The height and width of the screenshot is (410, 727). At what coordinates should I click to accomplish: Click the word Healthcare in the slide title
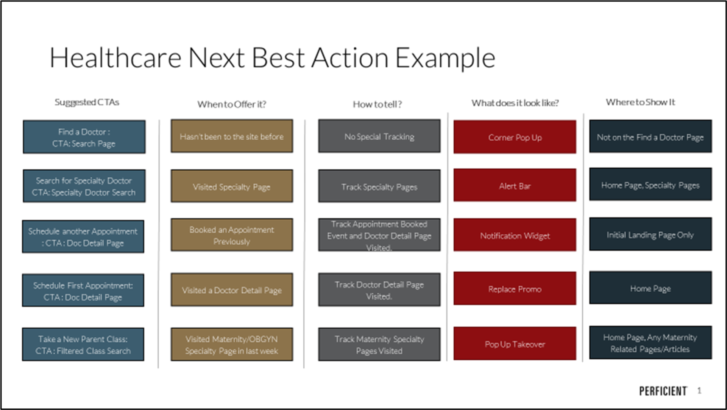[115, 58]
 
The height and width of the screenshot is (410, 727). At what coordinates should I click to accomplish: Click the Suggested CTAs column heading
[87, 102]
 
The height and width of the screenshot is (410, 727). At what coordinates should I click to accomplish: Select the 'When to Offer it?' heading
[231, 104]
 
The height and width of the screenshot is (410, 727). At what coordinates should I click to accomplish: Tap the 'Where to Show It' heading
[640, 102]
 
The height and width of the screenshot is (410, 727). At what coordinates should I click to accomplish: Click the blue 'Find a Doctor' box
[84, 137]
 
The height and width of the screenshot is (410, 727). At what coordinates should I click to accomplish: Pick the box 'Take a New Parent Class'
[83, 345]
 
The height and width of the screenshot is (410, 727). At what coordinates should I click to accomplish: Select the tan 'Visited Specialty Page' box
[231, 186]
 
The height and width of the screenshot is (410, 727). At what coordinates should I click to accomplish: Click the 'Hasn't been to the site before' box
[231, 137]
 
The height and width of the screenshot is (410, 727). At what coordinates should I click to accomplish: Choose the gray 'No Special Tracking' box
[379, 137]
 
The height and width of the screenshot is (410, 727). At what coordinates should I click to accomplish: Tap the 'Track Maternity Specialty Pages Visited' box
[379, 345]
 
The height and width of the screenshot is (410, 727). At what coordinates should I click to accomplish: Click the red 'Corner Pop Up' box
[515, 137]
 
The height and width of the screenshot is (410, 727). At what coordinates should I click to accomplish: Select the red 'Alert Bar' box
[515, 186]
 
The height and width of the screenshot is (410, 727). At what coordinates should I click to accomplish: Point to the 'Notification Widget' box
[515, 235]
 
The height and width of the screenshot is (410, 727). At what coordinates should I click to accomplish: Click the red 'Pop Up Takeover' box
[515, 344]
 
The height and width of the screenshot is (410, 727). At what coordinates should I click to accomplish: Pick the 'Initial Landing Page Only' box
[650, 235]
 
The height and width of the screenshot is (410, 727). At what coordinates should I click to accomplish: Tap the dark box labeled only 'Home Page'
[650, 288]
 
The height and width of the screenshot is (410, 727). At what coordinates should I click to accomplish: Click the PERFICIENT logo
[663, 391]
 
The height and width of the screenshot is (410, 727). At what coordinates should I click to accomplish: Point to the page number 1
[699, 391]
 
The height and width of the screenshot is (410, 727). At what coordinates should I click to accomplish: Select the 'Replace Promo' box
[515, 289]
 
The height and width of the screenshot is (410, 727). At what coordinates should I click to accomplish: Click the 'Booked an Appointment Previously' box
[231, 235]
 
